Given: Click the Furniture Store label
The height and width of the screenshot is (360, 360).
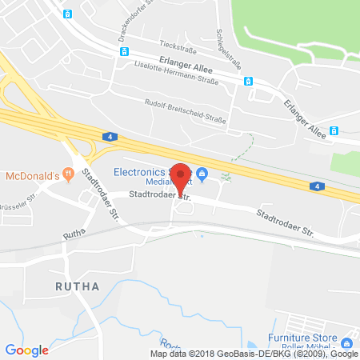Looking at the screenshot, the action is click(x=313, y=338).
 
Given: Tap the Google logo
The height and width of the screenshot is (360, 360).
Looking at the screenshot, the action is click(x=26, y=350).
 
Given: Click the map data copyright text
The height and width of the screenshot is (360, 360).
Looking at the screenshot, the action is click(x=254, y=354).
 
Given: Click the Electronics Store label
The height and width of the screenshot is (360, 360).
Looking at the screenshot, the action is click(x=144, y=170).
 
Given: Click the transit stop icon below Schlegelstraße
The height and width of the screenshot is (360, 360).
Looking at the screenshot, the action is click(x=248, y=81).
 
